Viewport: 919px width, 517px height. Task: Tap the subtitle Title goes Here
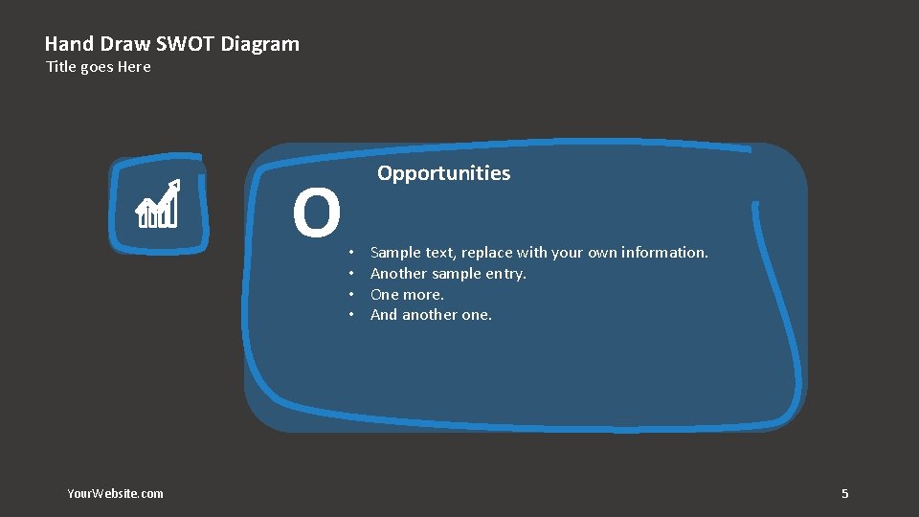(x=99, y=67)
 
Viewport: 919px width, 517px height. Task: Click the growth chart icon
(x=158, y=205)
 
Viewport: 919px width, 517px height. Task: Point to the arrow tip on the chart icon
(x=175, y=184)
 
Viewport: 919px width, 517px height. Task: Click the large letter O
(x=317, y=214)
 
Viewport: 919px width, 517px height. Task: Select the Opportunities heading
(x=443, y=173)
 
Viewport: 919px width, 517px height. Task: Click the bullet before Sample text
(x=352, y=253)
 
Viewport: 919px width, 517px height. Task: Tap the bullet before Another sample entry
(x=352, y=274)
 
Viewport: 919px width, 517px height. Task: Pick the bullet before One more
(x=352, y=295)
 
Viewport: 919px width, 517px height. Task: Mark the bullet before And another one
(x=352, y=315)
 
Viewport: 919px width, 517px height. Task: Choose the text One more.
(x=407, y=295)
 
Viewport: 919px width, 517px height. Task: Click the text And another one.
(x=431, y=315)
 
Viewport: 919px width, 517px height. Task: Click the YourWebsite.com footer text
(x=115, y=494)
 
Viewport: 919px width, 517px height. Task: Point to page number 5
(x=844, y=494)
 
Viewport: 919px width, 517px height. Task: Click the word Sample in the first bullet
(x=395, y=253)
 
